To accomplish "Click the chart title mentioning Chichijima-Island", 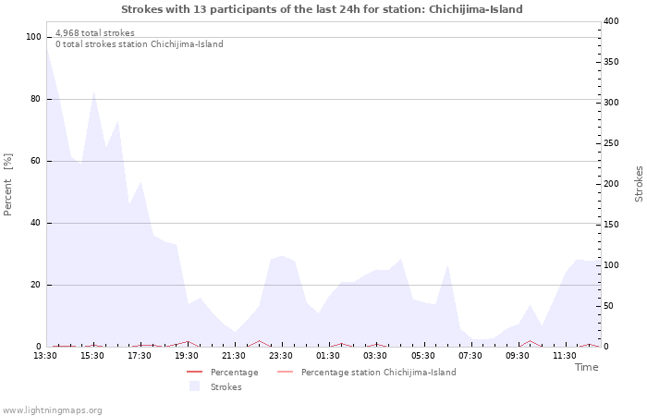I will (x=322, y=9).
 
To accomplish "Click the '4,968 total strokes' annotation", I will (x=94, y=33).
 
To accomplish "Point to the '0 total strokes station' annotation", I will (x=139, y=44).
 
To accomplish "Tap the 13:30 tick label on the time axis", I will (x=45, y=356).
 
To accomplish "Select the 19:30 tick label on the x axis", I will (x=187, y=356).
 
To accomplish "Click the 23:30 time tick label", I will (x=281, y=356).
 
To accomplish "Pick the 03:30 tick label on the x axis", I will (x=375, y=356).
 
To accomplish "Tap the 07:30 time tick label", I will (x=470, y=356).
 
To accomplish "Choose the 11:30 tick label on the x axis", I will (x=564, y=356).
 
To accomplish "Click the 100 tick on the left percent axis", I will (x=33, y=37).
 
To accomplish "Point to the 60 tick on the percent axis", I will (x=36, y=161).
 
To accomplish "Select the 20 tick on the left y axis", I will (x=36, y=285).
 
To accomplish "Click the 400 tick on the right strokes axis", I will (x=611, y=21).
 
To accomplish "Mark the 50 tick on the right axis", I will (x=608, y=306).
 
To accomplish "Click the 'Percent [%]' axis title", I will (x=8, y=185).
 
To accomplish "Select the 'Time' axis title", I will (x=586, y=367).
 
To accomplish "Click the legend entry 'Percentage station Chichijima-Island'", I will (x=378, y=373).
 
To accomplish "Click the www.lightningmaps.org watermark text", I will (x=53, y=410).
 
